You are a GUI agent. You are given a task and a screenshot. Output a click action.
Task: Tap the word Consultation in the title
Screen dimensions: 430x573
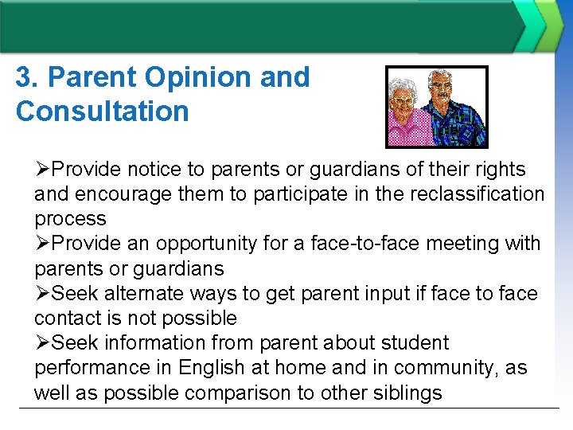(x=102, y=111)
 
